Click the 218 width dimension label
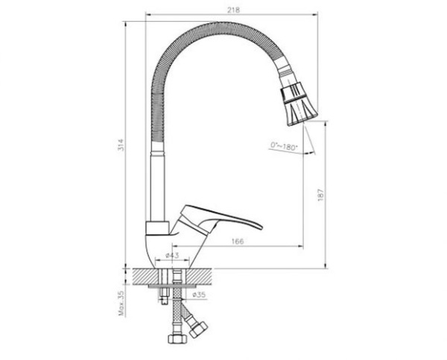click(x=233, y=10)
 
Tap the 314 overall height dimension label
click(x=121, y=145)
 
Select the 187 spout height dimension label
click(x=321, y=195)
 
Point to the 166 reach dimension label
click(x=238, y=241)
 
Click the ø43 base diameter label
click(x=172, y=256)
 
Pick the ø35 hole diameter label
click(x=199, y=294)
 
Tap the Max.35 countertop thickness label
click(x=121, y=303)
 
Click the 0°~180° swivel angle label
click(x=284, y=147)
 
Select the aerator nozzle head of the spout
click(x=299, y=104)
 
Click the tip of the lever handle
click(x=261, y=227)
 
